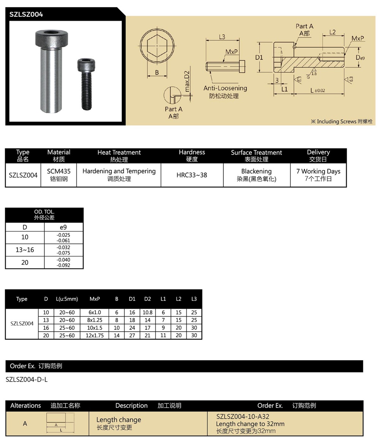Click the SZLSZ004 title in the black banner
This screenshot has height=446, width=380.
coord(26,14)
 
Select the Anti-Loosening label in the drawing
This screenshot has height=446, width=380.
coord(225,88)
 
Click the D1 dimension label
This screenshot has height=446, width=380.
coord(259,57)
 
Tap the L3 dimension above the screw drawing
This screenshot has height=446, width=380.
coord(222,37)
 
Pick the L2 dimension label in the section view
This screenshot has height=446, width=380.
coord(332,32)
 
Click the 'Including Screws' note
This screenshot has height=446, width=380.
coord(342,122)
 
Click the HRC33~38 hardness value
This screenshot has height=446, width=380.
coord(192,175)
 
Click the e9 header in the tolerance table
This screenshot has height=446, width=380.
coord(63,227)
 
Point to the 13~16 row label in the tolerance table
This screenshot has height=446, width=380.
coord(25,250)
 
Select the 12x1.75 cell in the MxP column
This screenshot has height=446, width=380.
coord(95,335)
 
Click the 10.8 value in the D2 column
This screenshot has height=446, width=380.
coord(147,312)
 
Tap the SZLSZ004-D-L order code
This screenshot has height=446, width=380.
coord(27,379)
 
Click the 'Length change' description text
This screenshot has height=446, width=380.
coord(119,420)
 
